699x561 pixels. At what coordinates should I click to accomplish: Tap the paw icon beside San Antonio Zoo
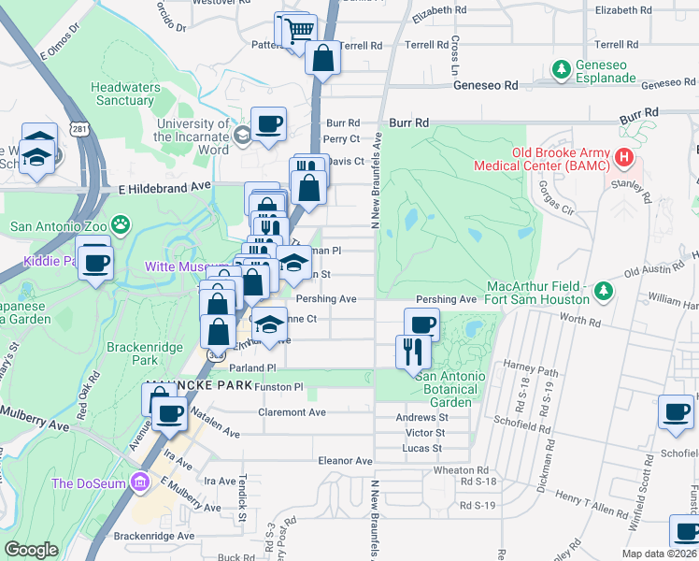pyautogui.click(x=121, y=224)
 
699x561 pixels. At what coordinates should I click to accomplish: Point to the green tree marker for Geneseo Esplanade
pyautogui.click(x=561, y=68)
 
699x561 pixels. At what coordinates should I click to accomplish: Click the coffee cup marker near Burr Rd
pyautogui.click(x=268, y=123)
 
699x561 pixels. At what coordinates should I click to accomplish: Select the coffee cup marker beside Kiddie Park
pyautogui.click(x=94, y=261)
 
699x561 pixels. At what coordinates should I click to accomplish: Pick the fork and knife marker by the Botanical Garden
pyautogui.click(x=413, y=352)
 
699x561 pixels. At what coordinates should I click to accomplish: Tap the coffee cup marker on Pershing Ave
pyautogui.click(x=421, y=324)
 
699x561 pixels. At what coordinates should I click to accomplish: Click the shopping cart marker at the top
pyautogui.click(x=298, y=30)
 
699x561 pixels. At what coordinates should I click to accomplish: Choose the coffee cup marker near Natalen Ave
pyautogui.click(x=169, y=412)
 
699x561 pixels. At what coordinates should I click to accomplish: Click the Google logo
pyautogui.click(x=31, y=549)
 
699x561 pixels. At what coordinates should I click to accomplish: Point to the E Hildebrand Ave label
pyautogui.click(x=164, y=187)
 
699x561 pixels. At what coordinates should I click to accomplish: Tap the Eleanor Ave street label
pyautogui.click(x=345, y=461)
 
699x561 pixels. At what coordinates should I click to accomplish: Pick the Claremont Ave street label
pyautogui.click(x=292, y=412)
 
